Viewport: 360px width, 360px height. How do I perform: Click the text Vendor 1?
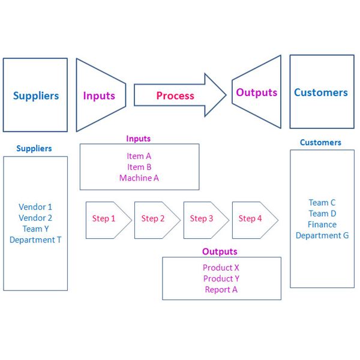click(35, 207)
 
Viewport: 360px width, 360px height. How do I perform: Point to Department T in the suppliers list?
click(35, 240)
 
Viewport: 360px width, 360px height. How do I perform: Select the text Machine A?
click(139, 178)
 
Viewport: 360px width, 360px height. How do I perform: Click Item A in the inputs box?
click(139, 156)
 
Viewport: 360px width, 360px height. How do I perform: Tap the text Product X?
click(221, 268)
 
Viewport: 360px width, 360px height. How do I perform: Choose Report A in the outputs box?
click(221, 290)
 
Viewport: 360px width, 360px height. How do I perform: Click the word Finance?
click(322, 224)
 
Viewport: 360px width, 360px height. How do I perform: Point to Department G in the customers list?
click(322, 235)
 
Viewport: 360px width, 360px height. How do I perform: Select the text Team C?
click(322, 203)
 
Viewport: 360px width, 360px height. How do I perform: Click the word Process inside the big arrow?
click(175, 96)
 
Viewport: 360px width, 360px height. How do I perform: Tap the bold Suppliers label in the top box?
click(36, 96)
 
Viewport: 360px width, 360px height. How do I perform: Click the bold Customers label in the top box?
click(321, 93)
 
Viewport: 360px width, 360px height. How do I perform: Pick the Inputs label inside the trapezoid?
click(99, 96)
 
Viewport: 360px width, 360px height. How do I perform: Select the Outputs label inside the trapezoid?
click(257, 93)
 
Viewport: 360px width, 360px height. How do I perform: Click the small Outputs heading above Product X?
click(220, 251)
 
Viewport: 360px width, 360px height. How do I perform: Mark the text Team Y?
click(35, 229)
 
